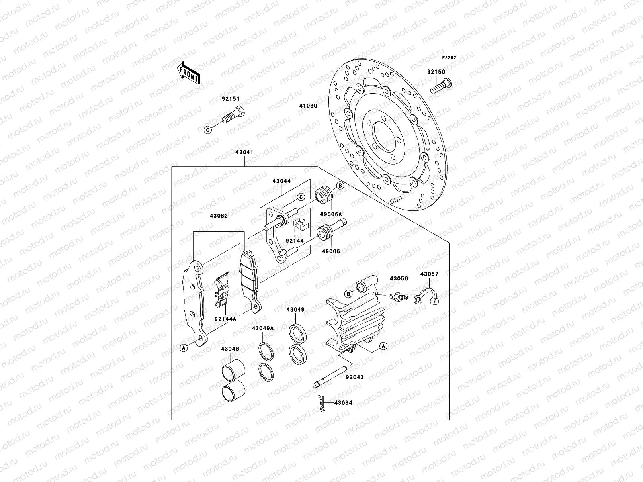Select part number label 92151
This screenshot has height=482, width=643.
pyautogui.click(x=231, y=99)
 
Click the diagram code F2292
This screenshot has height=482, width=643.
pyautogui.click(x=449, y=58)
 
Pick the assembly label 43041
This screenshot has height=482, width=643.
pyautogui.click(x=244, y=153)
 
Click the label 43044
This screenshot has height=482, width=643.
pyautogui.click(x=281, y=181)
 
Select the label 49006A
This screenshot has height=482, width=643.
pyautogui.click(x=331, y=214)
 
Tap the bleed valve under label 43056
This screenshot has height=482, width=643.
pyautogui.click(x=398, y=296)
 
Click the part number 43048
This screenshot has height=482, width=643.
pyautogui.click(x=229, y=349)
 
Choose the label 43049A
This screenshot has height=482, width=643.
pyautogui.click(x=263, y=328)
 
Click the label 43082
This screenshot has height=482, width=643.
pyautogui.click(x=219, y=216)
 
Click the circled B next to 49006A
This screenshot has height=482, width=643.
pyautogui.click(x=340, y=186)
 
